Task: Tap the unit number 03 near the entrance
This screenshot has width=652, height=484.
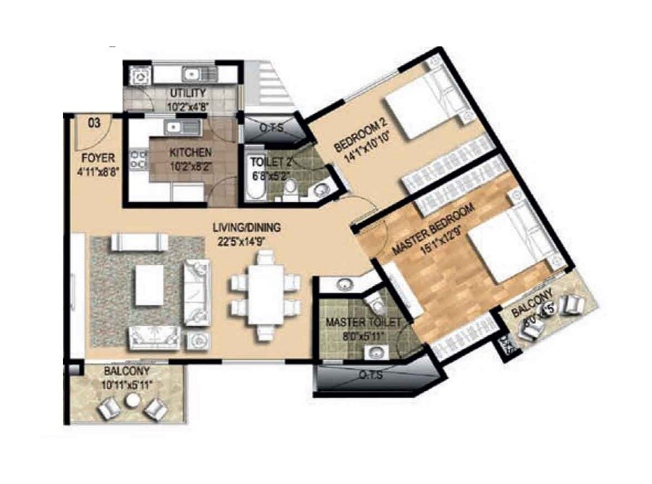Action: tap(94, 123)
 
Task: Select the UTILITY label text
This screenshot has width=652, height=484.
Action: tap(188, 93)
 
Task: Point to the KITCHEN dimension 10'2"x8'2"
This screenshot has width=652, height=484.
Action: tap(191, 165)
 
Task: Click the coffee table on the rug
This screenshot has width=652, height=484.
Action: tap(149, 285)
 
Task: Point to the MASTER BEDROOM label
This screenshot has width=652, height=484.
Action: tap(433, 229)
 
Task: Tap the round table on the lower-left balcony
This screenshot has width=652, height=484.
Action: tap(132, 401)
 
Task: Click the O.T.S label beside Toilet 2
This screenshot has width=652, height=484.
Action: tap(270, 128)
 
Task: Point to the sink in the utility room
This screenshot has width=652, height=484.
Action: tap(193, 73)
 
